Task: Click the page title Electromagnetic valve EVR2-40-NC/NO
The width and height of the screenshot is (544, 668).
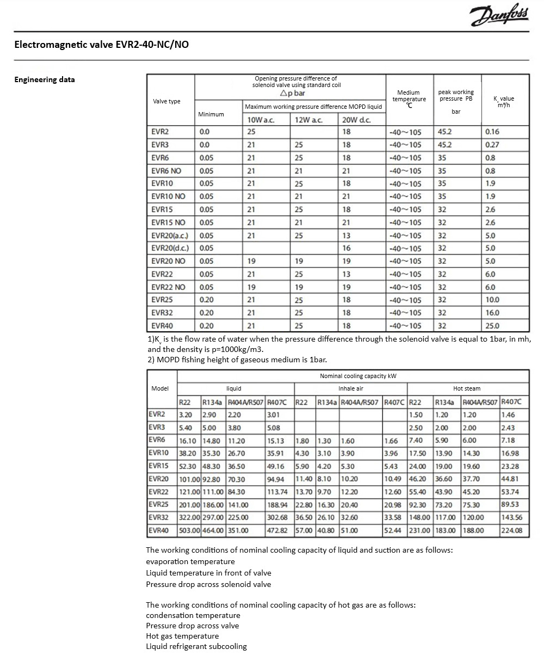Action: point(102,45)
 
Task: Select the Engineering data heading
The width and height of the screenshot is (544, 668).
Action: point(45,79)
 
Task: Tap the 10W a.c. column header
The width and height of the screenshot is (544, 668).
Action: point(261,120)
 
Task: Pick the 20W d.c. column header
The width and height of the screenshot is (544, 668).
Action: point(356,120)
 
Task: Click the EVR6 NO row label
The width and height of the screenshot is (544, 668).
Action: point(166,171)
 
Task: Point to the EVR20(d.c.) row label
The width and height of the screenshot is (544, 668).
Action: point(170,249)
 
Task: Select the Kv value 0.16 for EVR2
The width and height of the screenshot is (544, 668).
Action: point(492,132)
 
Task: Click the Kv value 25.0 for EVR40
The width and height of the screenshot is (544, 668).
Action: point(492,326)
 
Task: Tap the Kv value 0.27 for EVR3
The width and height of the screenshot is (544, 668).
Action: point(492,145)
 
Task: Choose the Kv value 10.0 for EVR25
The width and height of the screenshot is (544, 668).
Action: point(492,300)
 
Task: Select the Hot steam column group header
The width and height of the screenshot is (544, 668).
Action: point(467,389)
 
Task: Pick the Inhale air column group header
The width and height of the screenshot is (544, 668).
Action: point(350,389)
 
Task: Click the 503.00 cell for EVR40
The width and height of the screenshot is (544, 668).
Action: point(189,530)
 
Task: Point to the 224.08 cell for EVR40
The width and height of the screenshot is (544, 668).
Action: point(511,530)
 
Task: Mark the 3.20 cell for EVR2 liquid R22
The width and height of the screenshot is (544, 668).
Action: point(186,415)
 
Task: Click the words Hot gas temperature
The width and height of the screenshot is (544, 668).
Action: point(182,636)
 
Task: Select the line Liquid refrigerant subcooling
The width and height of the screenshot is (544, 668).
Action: point(196,646)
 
